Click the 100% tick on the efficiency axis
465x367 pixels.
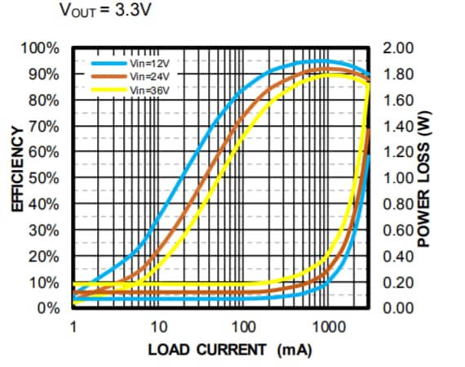[x=39, y=48]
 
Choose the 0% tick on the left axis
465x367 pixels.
[x=46, y=308]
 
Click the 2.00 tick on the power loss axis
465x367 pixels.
[x=398, y=48]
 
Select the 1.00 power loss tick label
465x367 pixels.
[x=398, y=178]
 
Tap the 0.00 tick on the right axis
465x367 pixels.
[x=398, y=308]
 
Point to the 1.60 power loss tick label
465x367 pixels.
[x=398, y=101]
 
